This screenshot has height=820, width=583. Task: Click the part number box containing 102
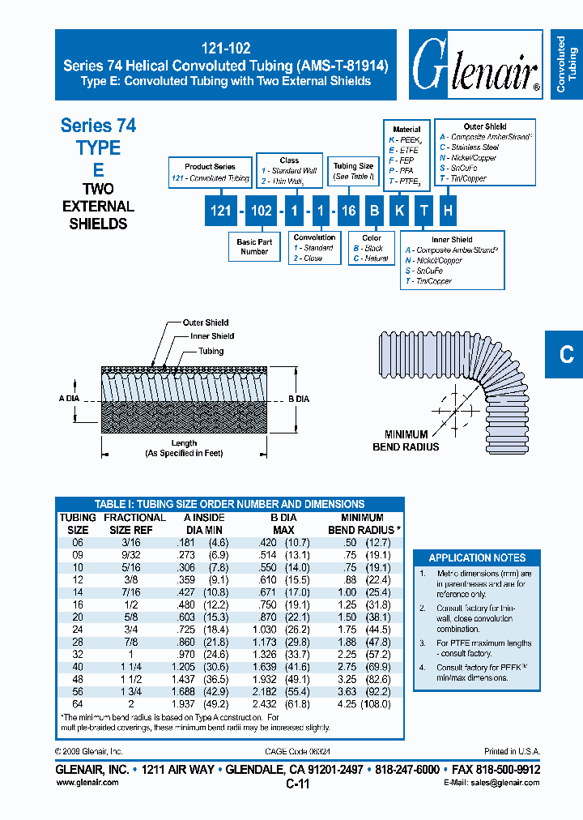262,211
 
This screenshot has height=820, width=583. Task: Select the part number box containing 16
348,211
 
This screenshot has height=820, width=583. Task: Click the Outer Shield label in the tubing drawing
206,322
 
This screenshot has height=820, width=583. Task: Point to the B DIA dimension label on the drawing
299,399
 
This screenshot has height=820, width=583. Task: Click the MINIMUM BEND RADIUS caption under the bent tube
406,441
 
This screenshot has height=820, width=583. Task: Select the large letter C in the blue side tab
566,354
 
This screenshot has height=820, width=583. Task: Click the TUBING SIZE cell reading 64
78,704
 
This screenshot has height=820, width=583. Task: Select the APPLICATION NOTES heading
477,557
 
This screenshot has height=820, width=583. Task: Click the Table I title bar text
229,504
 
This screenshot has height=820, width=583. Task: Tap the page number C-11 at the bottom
298,784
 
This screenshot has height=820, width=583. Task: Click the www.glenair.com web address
87,782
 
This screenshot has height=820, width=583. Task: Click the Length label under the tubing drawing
184,443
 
